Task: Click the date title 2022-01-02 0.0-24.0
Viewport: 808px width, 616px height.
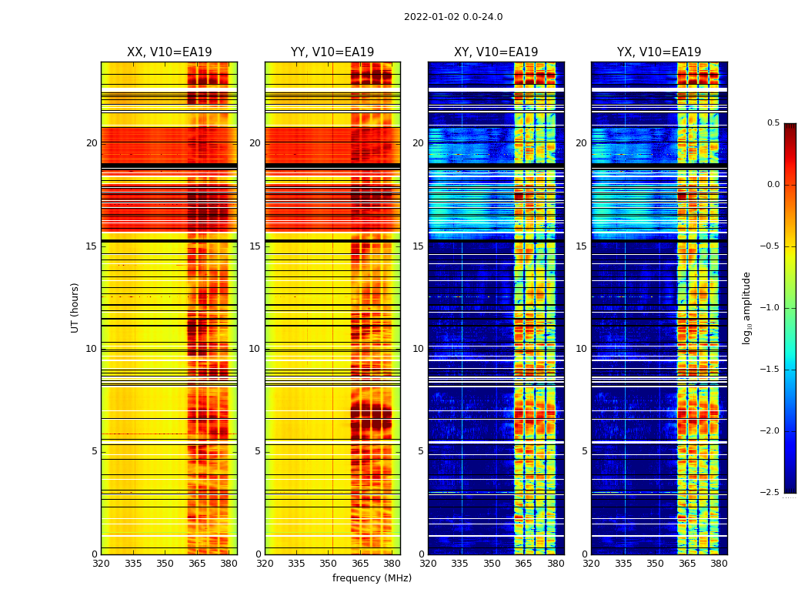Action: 453,17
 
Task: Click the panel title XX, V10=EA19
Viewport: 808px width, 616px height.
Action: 169,52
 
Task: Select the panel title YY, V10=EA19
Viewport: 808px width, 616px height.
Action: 332,52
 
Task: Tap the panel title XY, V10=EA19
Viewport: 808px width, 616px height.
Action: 496,52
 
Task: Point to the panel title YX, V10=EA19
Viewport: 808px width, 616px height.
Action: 659,52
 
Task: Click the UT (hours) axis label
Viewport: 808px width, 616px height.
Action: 75,307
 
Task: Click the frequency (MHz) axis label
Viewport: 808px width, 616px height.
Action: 372,578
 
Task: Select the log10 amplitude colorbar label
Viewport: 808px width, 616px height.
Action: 746,307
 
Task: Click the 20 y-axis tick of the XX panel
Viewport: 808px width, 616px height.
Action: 92,143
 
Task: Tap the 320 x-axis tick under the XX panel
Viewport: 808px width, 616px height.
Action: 101,564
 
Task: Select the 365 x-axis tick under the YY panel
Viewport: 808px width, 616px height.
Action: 360,564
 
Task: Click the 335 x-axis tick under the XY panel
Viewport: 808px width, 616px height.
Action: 459,564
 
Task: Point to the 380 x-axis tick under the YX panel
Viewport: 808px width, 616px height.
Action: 719,564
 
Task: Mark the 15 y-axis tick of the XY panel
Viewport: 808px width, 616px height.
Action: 418,246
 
